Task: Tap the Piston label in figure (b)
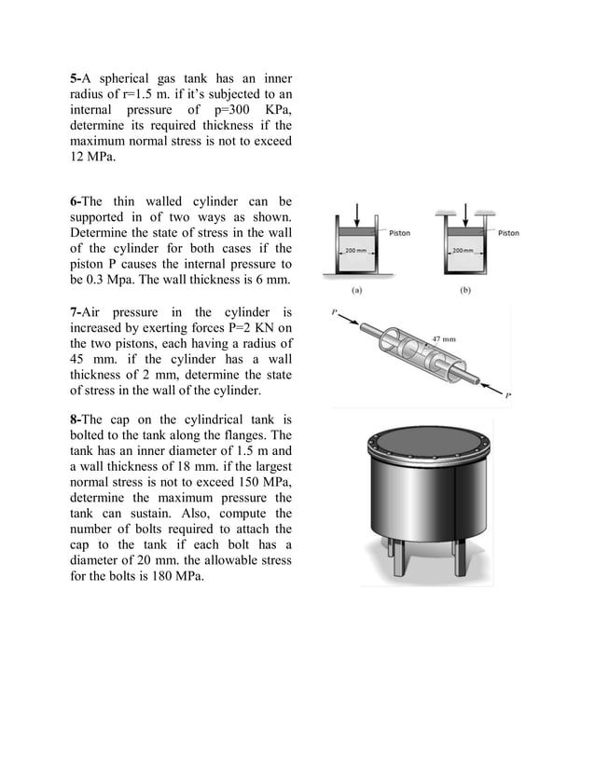[x=508, y=233]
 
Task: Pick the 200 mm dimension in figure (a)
[x=356, y=252]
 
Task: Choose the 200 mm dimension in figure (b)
[x=464, y=252]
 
